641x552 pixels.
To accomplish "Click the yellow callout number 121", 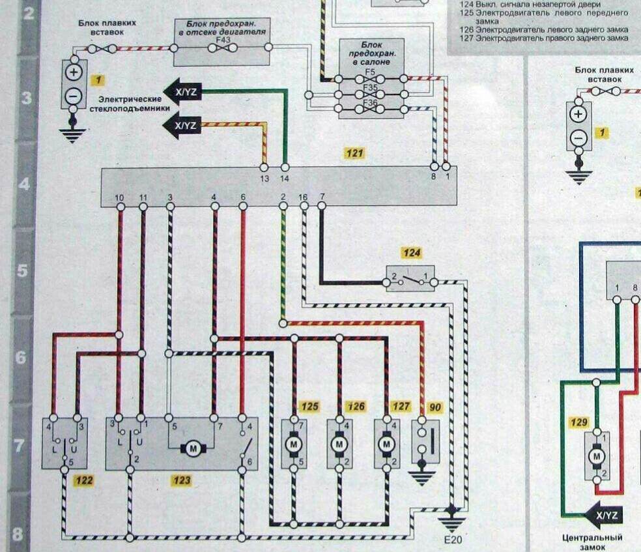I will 354,153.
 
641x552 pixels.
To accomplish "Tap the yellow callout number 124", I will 411,254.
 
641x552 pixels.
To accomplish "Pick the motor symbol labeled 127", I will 387,444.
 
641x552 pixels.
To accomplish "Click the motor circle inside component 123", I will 192,448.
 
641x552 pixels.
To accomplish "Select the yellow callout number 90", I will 435,407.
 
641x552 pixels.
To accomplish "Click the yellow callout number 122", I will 83,481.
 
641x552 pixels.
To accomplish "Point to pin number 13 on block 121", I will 264,177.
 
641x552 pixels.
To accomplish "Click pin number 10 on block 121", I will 119,197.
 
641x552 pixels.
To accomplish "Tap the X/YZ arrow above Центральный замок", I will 603,516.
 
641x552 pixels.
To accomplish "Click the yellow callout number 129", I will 578,422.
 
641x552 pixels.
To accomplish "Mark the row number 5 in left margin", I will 23,270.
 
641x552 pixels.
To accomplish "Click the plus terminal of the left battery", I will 74,72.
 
